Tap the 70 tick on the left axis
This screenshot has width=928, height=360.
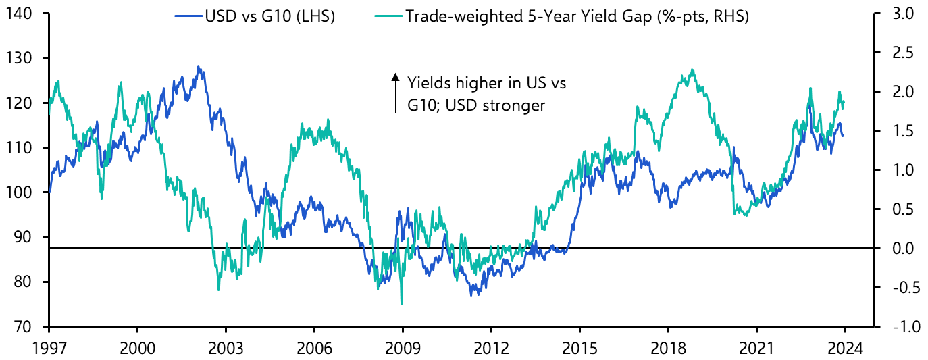tap(26, 326)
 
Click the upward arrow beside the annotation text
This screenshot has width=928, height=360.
tap(396, 93)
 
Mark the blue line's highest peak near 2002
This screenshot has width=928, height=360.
tap(197, 66)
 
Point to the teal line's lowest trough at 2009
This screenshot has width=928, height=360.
tap(401, 304)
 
